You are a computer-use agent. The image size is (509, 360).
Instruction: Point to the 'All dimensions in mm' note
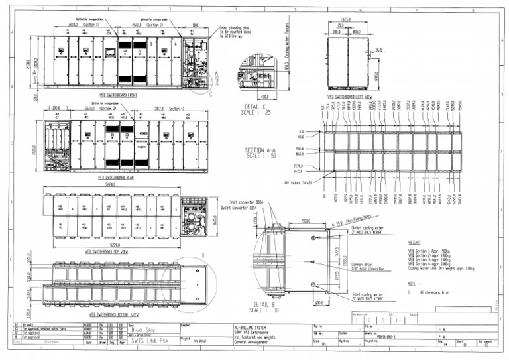tap(434, 292)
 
